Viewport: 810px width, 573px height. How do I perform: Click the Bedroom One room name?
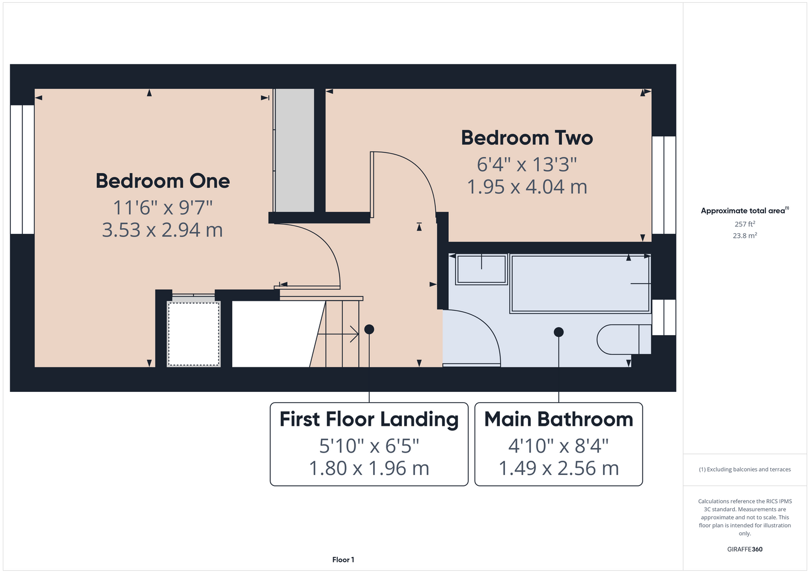[163, 180]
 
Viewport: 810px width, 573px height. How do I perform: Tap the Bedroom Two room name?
[527, 138]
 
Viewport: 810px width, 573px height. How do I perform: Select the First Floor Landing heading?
[369, 419]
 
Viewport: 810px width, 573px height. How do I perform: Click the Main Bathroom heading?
[559, 419]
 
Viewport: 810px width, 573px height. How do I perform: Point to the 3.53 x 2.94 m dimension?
[162, 230]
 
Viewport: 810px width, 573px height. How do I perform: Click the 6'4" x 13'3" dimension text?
[526, 164]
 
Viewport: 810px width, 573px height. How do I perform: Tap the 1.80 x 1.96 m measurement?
[369, 468]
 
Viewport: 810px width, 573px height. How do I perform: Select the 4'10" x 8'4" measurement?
[559, 445]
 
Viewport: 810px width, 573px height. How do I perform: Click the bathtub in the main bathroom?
[580, 283]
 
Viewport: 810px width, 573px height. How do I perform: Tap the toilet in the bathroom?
[624, 339]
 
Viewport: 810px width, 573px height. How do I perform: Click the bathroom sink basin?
[482, 269]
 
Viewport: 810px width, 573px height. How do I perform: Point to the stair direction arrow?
[338, 334]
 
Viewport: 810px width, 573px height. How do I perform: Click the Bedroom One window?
[22, 169]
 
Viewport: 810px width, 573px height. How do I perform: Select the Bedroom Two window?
[664, 185]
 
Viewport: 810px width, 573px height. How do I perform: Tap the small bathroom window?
[664, 317]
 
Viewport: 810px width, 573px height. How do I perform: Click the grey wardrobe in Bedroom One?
[294, 150]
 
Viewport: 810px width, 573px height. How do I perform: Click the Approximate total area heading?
[745, 210]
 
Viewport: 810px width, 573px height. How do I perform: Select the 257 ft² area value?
[745, 224]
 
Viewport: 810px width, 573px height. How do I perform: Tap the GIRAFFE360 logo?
[745, 549]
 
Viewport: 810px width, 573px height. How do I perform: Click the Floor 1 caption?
[343, 560]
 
